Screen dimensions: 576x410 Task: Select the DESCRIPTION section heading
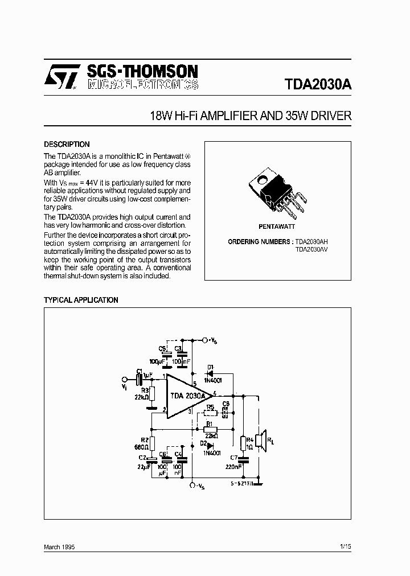67,145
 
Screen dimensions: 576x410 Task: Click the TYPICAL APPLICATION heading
81,300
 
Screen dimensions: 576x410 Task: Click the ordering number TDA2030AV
311,249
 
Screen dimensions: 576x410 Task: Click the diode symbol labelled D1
210,374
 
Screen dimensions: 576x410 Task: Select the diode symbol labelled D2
210,446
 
